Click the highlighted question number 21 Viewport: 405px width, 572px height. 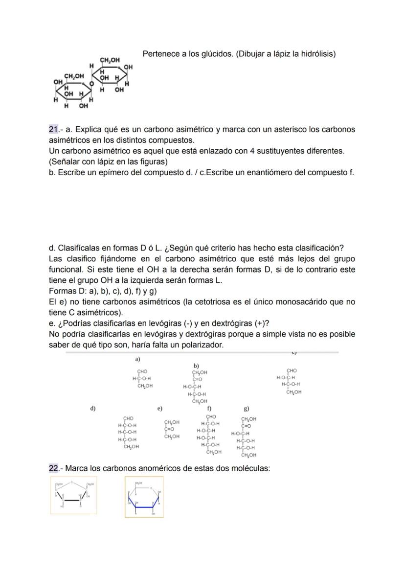pyautogui.click(x=54, y=130)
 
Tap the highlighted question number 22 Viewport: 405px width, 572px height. pyautogui.click(x=54, y=468)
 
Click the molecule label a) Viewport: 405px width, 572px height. pyautogui.click(x=138, y=359)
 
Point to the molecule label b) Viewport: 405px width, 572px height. pyautogui.click(x=196, y=366)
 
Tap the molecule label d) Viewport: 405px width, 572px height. pyautogui.click(x=92, y=408)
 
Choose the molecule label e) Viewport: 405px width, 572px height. pyautogui.click(x=159, y=408)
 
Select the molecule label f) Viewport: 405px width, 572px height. pyautogui.click(x=209, y=408)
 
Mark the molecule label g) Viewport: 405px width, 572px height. pyautogui.click(x=246, y=408)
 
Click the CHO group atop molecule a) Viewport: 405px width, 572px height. pyautogui.click(x=142, y=371)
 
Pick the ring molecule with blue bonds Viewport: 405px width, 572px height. pyautogui.click(x=144, y=497)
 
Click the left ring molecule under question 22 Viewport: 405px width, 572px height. pyautogui.click(x=74, y=496)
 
